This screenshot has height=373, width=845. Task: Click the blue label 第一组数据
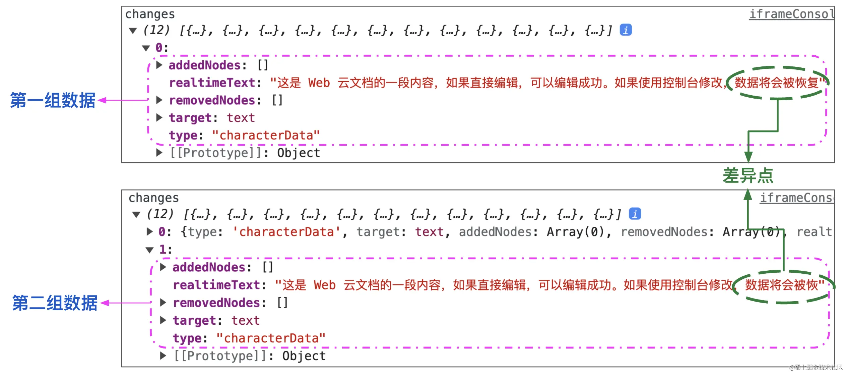pos(53,101)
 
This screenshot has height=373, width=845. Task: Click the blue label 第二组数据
pos(55,303)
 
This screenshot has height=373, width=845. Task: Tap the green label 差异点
pos(748,175)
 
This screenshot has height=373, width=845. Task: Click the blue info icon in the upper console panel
pos(626,30)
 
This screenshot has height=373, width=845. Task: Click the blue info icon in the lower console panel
pos(635,214)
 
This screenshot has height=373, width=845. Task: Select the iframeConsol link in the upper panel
pos(791,14)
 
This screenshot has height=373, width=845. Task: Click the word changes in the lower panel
pos(153,198)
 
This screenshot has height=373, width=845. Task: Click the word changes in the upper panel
pos(150,14)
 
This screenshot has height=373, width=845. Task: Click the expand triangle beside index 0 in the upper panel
pos(146,48)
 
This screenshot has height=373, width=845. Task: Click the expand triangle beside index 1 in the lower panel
pos(149,250)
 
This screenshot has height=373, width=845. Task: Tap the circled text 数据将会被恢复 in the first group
pos(776,83)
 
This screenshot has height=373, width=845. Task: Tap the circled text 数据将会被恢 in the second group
pos(781,285)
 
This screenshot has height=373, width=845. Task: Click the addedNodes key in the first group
pos(204,65)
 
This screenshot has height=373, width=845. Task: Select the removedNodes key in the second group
pos(216,303)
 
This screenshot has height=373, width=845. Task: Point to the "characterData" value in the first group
pos(266,136)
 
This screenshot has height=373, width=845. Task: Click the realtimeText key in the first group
pos(212,83)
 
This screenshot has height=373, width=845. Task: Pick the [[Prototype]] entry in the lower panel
pos(217,356)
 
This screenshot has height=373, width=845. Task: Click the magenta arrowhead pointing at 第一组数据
pos(102,100)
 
